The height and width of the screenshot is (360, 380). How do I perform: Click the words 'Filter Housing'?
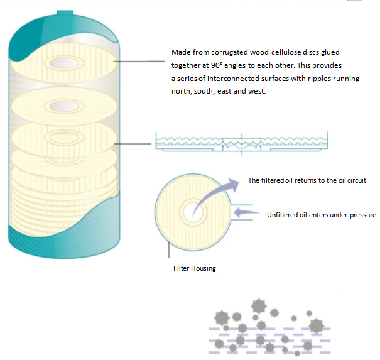pos(194,268)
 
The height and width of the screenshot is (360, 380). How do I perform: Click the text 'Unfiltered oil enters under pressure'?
pos(322,215)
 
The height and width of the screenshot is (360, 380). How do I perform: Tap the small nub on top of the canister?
pos(65,12)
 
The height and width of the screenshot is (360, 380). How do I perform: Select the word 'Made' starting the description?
pos(181,52)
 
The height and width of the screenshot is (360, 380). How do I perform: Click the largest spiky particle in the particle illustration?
pos(258,306)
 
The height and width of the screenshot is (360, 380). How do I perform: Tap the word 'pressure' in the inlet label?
pos(362,215)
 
